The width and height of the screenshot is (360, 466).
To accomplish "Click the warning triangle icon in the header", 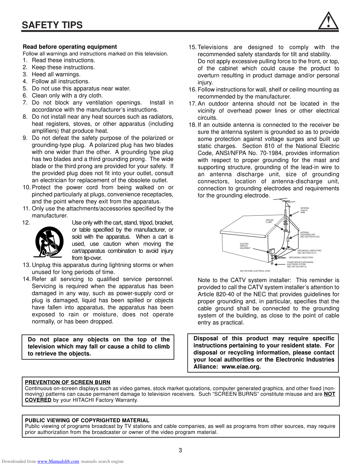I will (328, 21).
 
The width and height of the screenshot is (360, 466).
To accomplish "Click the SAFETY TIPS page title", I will (52, 25).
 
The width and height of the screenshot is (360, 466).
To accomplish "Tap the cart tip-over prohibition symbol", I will (49, 242).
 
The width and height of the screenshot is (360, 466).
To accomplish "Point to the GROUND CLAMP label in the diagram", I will (269, 221).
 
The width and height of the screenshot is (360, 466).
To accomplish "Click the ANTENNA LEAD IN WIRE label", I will (304, 210).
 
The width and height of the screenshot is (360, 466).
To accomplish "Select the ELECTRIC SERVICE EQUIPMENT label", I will (245, 246).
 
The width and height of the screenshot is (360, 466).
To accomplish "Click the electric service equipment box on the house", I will (272, 251).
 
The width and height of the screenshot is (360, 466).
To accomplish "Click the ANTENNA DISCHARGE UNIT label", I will (310, 235).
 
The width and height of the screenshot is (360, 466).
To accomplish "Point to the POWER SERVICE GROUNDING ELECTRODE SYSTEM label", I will (300, 264).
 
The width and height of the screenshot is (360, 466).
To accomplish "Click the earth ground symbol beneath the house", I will (272, 263).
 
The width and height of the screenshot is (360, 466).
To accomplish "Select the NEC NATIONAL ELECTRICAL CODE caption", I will (255, 271).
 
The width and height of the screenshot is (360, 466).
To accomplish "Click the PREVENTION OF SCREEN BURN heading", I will (67, 382).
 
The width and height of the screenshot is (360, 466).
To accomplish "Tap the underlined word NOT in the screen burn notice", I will (329, 394).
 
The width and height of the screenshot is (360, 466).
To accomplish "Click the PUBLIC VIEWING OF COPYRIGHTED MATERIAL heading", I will (87, 420).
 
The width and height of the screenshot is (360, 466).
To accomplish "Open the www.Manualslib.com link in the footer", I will (58, 461).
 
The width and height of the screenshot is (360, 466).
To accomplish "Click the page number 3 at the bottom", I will (180, 450).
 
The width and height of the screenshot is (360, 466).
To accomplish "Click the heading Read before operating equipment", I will (70, 47).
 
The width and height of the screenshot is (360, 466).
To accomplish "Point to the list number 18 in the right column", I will (192, 125).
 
